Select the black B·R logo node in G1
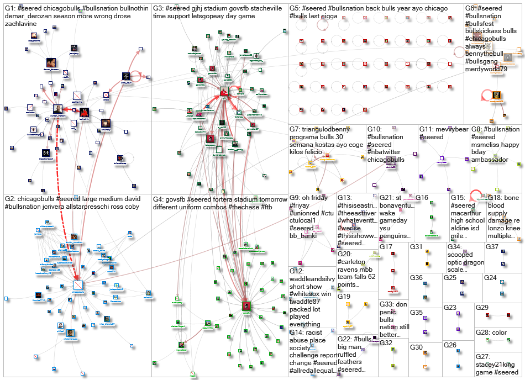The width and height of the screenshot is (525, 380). click(x=46, y=152)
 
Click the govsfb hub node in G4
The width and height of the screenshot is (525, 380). click(x=246, y=305)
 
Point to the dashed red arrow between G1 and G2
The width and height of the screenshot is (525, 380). click(x=65, y=221)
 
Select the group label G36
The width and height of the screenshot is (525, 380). click(x=416, y=278)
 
